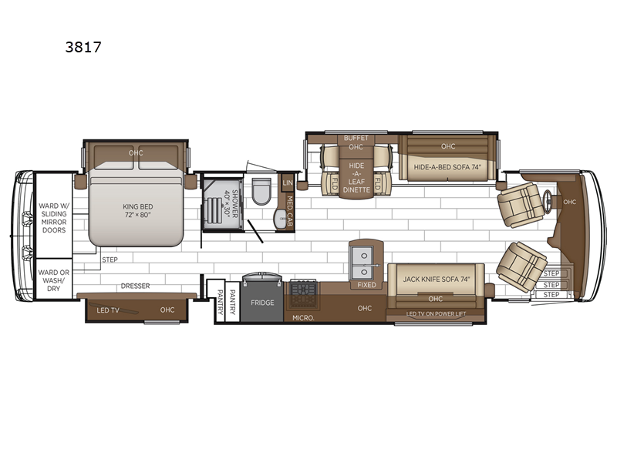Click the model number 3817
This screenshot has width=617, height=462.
tap(83, 47)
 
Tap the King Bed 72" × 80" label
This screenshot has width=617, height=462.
tap(138, 210)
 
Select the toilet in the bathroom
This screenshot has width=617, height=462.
tap(261, 191)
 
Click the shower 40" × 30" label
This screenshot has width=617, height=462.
tap(231, 203)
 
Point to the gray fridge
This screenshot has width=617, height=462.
tap(262, 302)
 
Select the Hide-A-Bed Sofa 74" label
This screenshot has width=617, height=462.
tap(447, 167)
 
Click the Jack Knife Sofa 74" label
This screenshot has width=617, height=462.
tap(436, 280)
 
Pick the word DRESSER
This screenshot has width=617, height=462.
tap(136, 286)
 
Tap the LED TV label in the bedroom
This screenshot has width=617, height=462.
tap(108, 310)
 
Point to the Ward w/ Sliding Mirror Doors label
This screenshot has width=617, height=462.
tap(54, 218)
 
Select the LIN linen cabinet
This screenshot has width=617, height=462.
tap(288, 183)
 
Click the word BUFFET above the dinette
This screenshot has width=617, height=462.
tap(356, 138)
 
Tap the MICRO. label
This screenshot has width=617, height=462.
tap(303, 318)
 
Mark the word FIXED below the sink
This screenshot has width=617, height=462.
tap(366, 285)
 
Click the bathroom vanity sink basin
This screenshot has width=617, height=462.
tap(281, 218)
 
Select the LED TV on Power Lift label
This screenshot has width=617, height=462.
tap(436, 314)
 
